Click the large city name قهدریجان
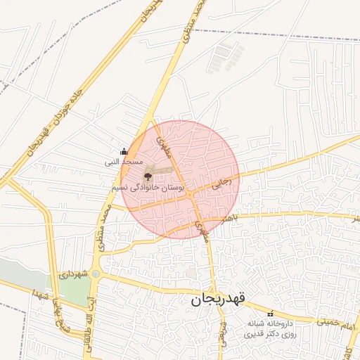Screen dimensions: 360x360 (218, 300)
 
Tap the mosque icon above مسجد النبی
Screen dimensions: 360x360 (124, 150)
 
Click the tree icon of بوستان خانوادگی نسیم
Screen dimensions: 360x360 (148, 176)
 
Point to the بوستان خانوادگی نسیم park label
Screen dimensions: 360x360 (148, 188)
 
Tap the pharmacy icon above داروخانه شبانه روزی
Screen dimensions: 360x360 (270, 313)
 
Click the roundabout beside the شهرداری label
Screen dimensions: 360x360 (96, 274)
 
